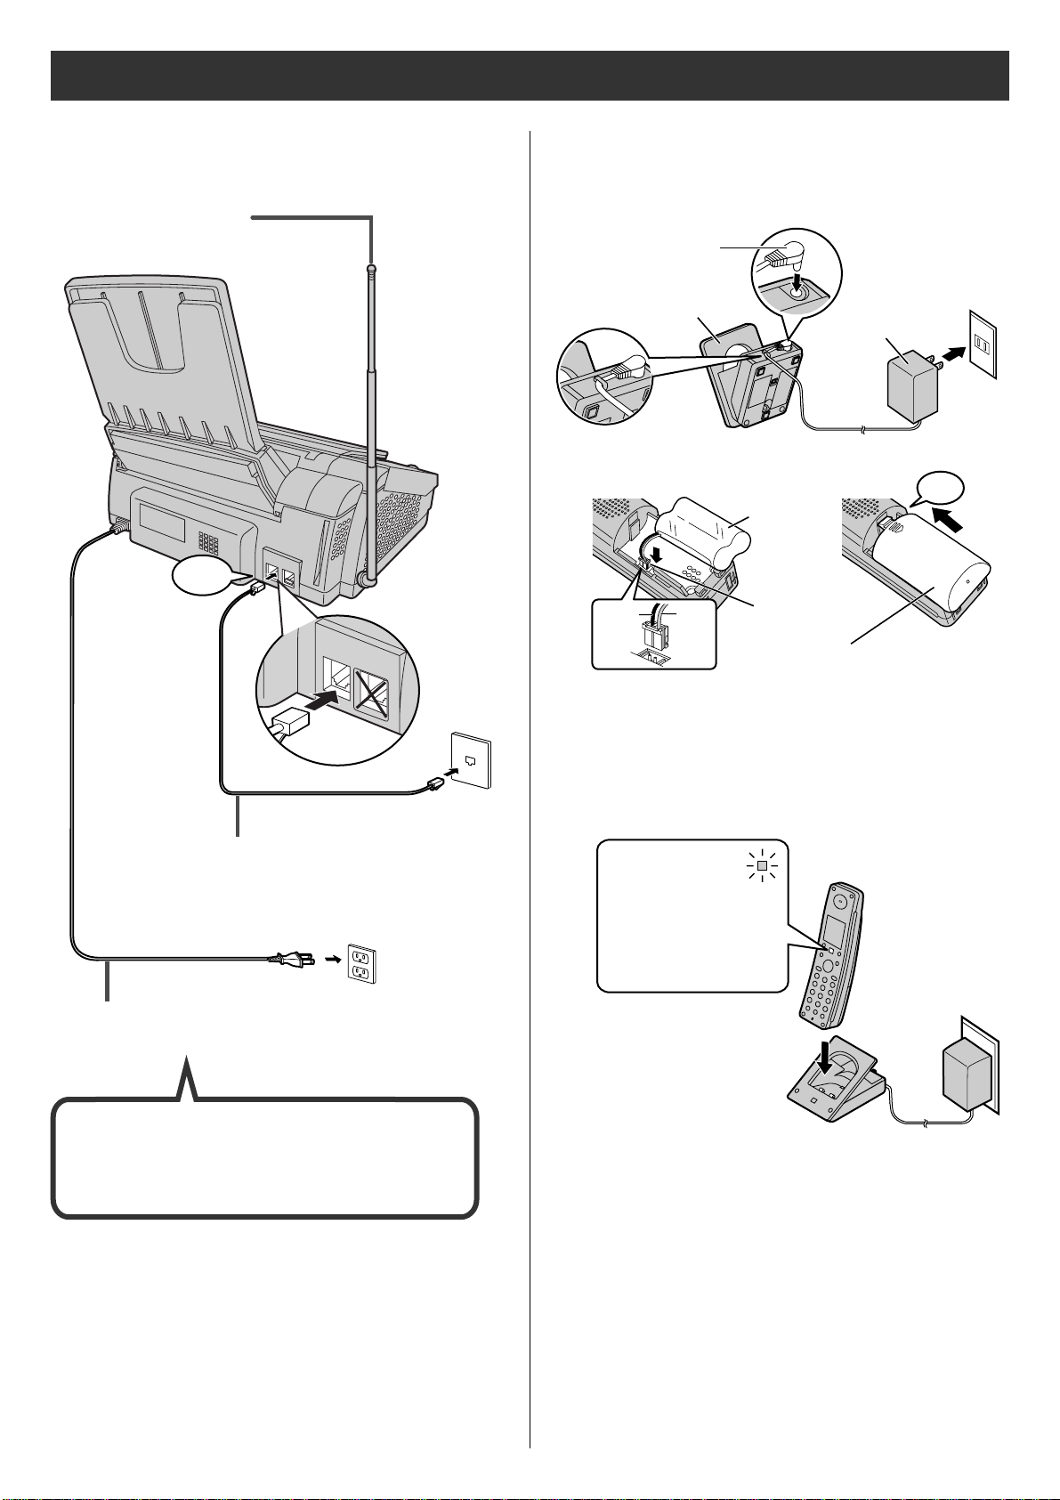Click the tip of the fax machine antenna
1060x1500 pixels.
372,267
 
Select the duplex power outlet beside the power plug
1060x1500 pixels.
361,963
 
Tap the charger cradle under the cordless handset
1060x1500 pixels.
832,1095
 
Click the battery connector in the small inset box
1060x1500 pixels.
654,633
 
